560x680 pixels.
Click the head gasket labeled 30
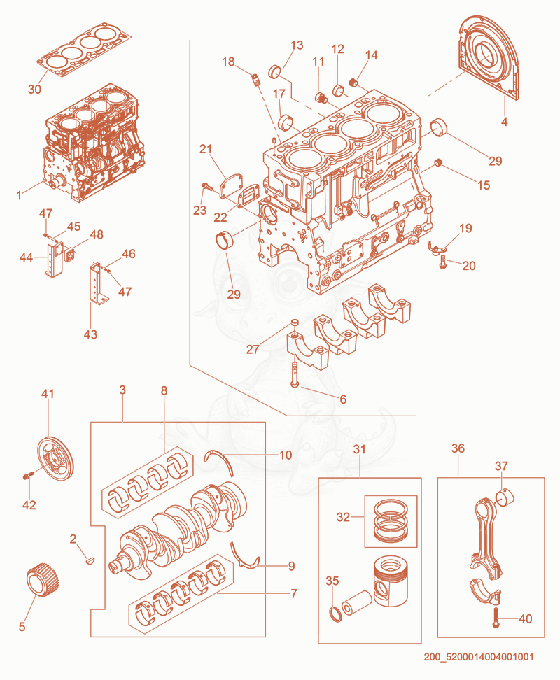pos(85,48)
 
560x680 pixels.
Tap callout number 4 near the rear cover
pos(504,122)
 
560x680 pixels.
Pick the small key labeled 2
pos(90,560)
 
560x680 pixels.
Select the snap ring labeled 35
pos(335,614)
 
